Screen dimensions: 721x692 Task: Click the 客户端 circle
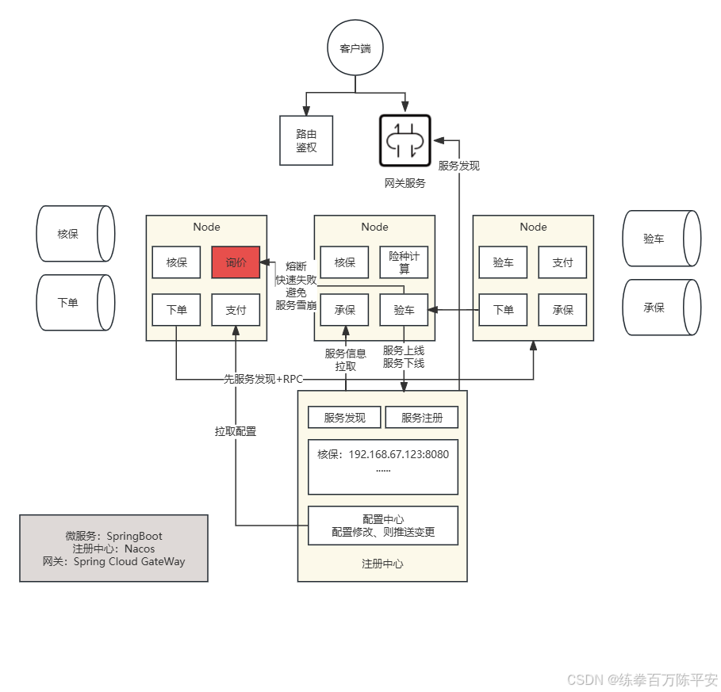(355, 48)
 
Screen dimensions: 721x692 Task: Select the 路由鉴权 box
(306, 140)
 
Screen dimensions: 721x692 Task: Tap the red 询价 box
(236, 262)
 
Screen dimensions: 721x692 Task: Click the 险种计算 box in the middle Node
(404, 262)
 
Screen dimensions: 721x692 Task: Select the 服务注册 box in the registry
(422, 418)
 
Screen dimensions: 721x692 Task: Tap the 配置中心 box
(383, 526)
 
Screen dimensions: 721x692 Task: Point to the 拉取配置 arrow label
(236, 431)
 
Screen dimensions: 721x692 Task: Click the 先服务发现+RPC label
(263, 379)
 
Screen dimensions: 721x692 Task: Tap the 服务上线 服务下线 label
(404, 357)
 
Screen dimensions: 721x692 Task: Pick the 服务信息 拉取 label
(346, 360)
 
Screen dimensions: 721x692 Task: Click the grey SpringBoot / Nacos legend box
(113, 549)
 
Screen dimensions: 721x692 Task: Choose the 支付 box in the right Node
(562, 262)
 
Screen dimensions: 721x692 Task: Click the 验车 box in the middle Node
(404, 310)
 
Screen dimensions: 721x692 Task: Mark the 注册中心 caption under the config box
(382, 564)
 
